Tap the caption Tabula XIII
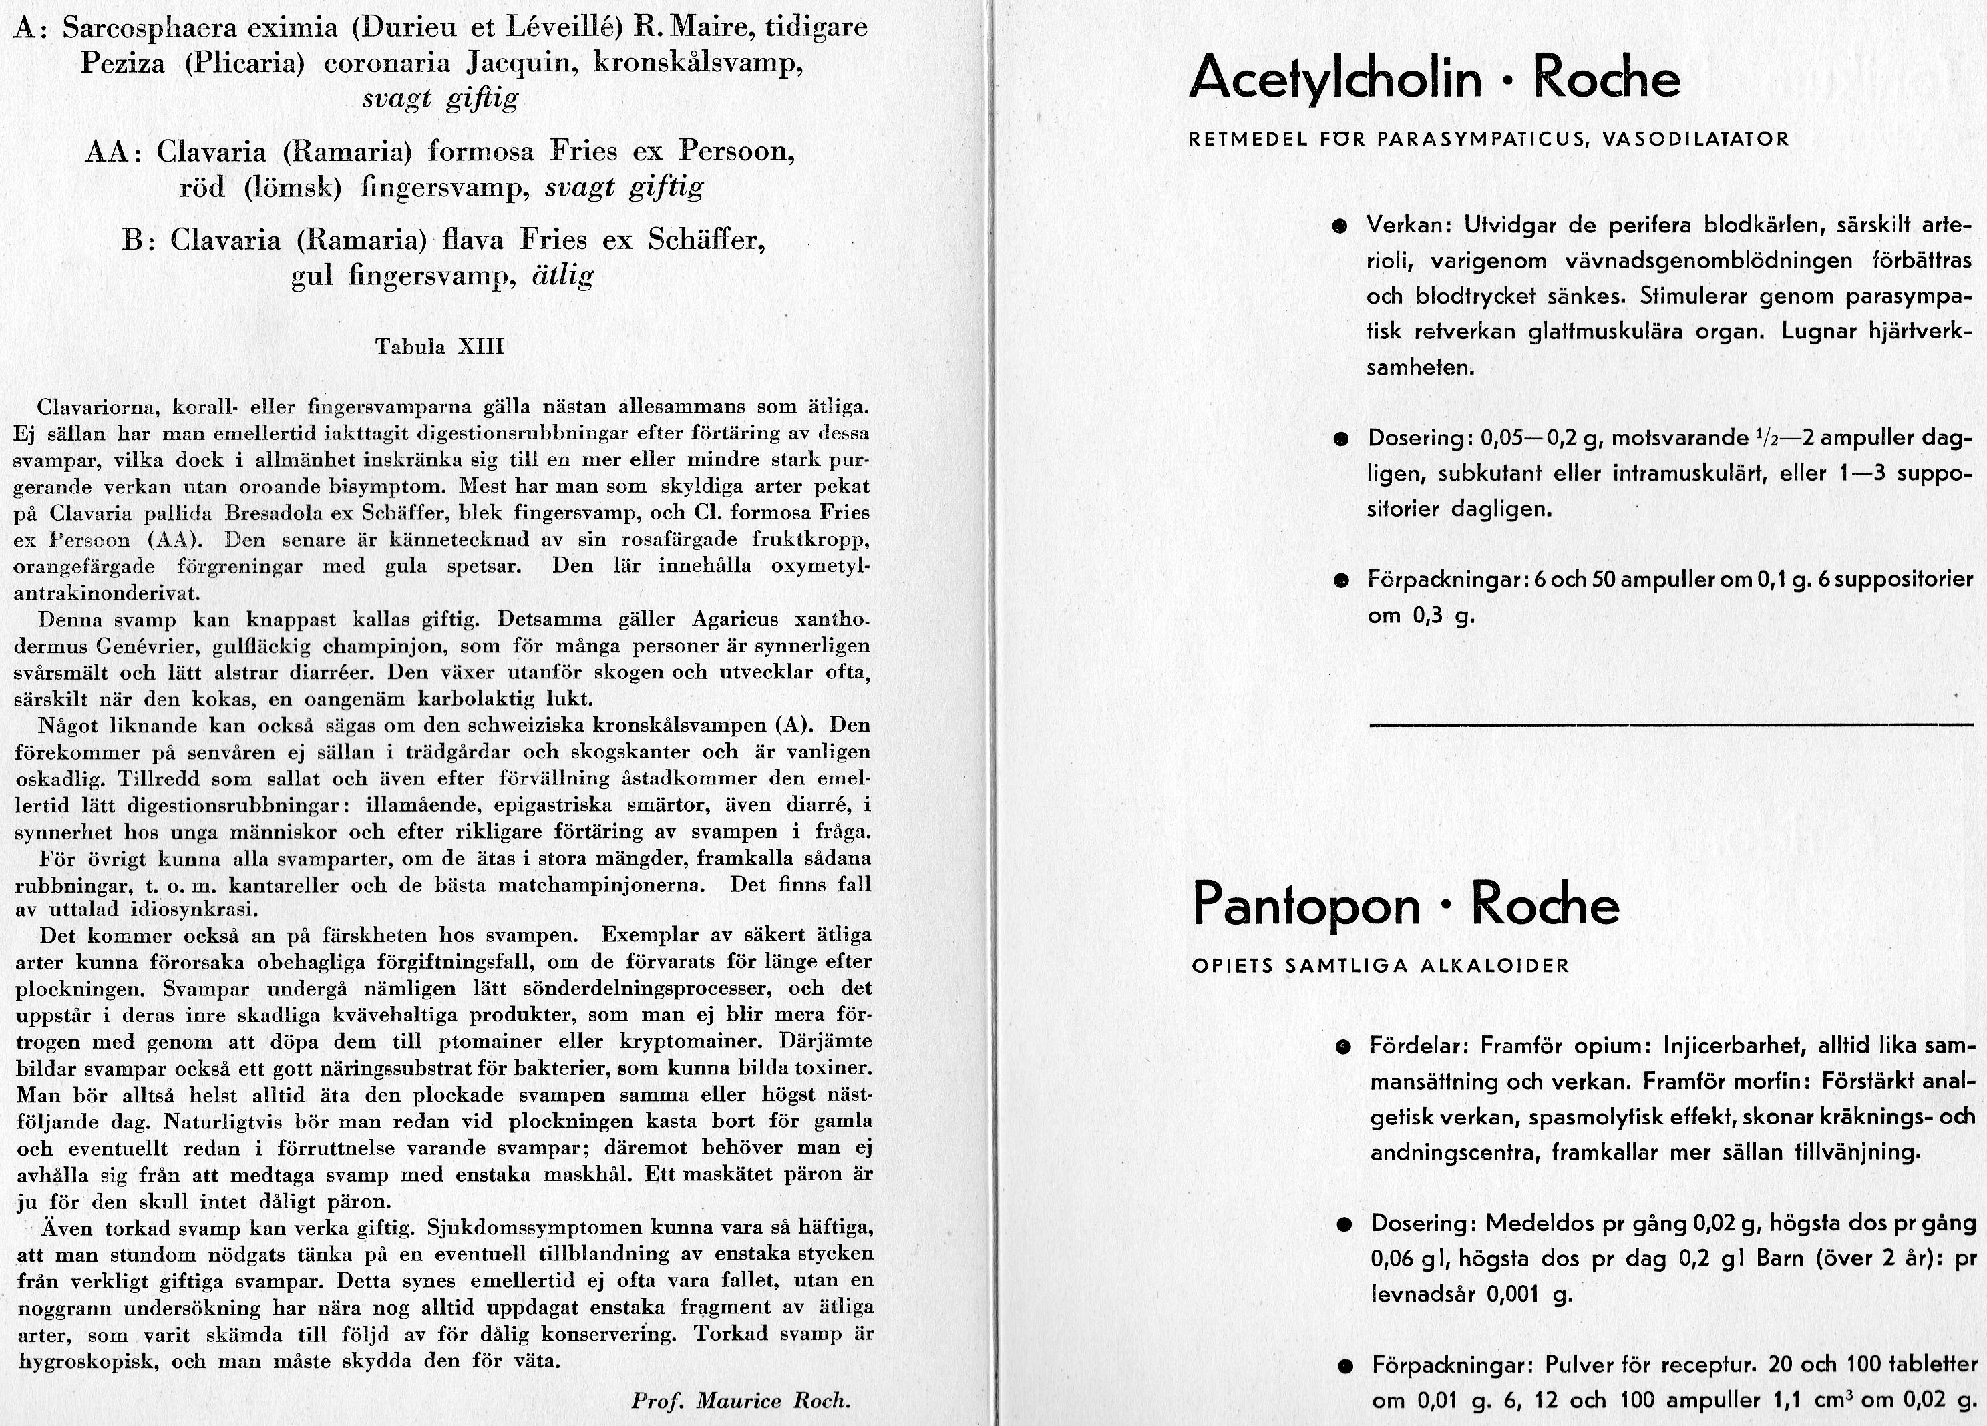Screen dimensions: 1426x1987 tap(439, 346)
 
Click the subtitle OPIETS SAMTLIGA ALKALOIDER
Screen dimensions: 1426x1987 tap(1381, 966)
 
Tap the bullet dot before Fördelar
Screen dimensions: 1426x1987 tap(1342, 1047)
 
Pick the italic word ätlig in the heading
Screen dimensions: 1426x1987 tap(563, 277)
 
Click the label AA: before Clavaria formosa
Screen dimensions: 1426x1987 tap(114, 152)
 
